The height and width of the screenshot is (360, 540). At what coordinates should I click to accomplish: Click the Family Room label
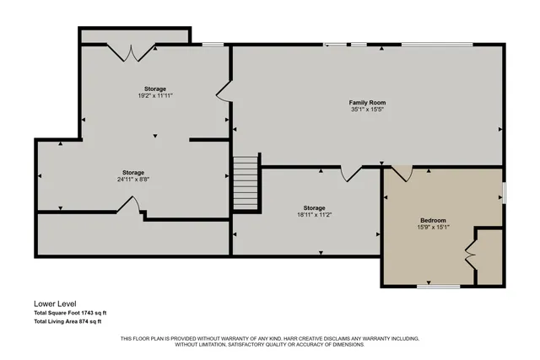(x=368, y=103)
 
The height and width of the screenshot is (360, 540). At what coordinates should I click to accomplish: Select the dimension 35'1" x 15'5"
(x=368, y=110)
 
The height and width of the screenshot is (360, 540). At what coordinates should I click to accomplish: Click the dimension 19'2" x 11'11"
(x=154, y=96)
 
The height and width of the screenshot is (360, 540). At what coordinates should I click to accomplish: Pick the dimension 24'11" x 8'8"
(x=132, y=179)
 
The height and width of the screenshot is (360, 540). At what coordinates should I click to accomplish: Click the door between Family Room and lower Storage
(x=350, y=174)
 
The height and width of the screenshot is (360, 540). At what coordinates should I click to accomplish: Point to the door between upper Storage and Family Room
(x=223, y=92)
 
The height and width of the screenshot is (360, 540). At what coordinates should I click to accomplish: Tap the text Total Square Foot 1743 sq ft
(x=70, y=313)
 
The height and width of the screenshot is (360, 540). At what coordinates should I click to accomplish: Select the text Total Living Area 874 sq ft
(x=67, y=321)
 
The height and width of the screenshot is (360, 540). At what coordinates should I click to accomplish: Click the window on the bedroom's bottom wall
(x=439, y=287)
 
